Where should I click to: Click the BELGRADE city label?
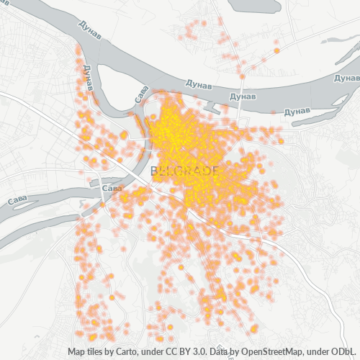[x=185, y=171]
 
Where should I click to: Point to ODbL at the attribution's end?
[x=344, y=352]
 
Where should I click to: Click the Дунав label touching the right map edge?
[x=348, y=78]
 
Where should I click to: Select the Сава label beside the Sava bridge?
[x=112, y=188]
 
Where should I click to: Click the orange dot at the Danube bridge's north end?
[x=243, y=75]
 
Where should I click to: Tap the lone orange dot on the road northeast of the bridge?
[x=276, y=51]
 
